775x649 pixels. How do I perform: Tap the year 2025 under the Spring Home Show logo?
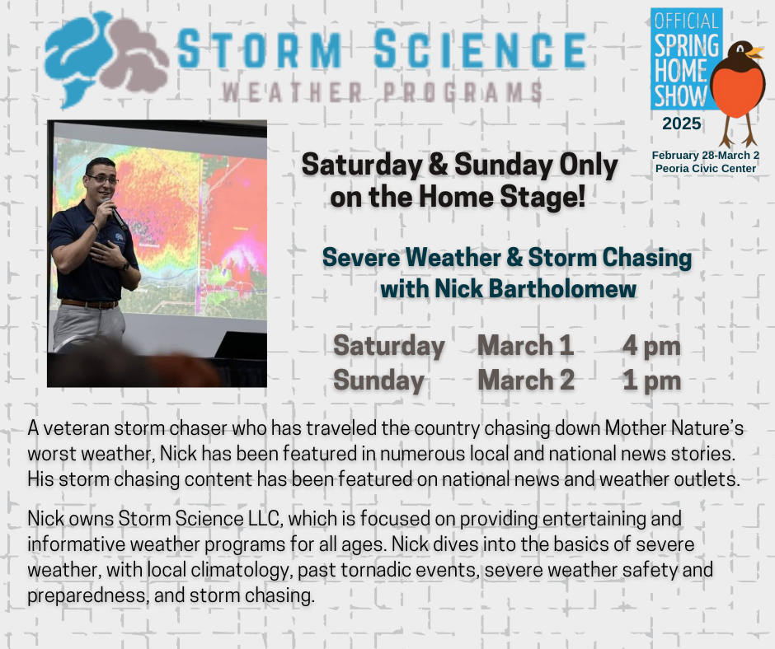(x=682, y=124)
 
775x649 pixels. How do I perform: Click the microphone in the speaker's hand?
(x=115, y=212)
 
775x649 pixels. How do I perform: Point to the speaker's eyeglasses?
(x=101, y=179)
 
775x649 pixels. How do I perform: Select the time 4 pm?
(x=651, y=346)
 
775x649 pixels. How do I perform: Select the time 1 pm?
(x=651, y=381)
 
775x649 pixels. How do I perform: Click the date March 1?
(x=525, y=345)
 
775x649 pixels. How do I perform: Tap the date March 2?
(x=526, y=380)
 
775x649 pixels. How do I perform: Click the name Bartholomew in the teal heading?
(x=562, y=288)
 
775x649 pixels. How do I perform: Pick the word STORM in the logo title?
(x=260, y=49)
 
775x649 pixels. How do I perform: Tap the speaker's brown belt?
(x=90, y=303)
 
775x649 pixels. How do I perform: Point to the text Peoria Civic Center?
(x=705, y=168)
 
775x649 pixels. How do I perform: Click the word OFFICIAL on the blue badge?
(x=687, y=21)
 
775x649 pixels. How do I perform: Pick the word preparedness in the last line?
(x=87, y=595)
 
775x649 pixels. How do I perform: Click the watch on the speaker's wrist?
(x=125, y=267)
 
